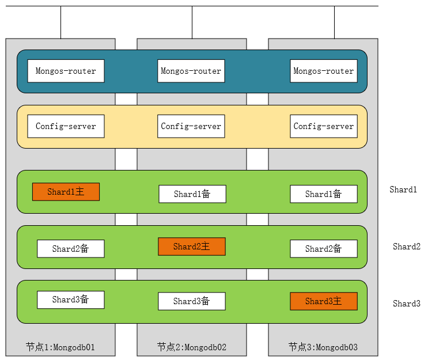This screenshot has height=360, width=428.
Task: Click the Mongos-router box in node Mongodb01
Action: click(x=66, y=71)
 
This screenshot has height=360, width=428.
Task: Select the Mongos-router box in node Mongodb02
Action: click(x=191, y=71)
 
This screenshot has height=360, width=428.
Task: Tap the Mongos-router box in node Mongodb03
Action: click(x=323, y=71)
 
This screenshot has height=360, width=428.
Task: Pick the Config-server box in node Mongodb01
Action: click(x=66, y=126)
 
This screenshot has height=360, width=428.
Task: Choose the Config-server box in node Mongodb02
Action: click(x=191, y=126)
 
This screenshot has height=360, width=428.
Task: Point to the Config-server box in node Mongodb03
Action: click(x=323, y=126)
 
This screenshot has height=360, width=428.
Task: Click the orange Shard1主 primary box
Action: click(x=66, y=192)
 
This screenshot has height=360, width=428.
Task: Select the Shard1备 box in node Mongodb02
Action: click(x=192, y=194)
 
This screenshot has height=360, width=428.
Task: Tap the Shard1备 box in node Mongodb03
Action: click(x=323, y=194)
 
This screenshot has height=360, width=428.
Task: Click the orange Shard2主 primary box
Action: click(x=191, y=247)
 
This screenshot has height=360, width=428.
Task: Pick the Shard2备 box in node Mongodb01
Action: click(x=70, y=249)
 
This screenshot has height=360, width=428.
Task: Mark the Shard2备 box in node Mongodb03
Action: click(x=323, y=249)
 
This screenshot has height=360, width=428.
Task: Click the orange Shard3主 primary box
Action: click(x=323, y=301)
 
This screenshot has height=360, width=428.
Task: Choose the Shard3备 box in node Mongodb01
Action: click(x=70, y=300)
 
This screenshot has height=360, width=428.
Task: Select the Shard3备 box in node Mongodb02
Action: click(x=191, y=301)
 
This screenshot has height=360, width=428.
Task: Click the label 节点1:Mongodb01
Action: click(x=60, y=347)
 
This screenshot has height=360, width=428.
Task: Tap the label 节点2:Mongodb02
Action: click(x=191, y=347)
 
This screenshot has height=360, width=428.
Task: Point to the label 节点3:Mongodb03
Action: click(x=323, y=347)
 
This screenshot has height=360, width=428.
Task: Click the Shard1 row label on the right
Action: click(x=403, y=190)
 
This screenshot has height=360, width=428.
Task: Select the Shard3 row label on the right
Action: click(x=407, y=304)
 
